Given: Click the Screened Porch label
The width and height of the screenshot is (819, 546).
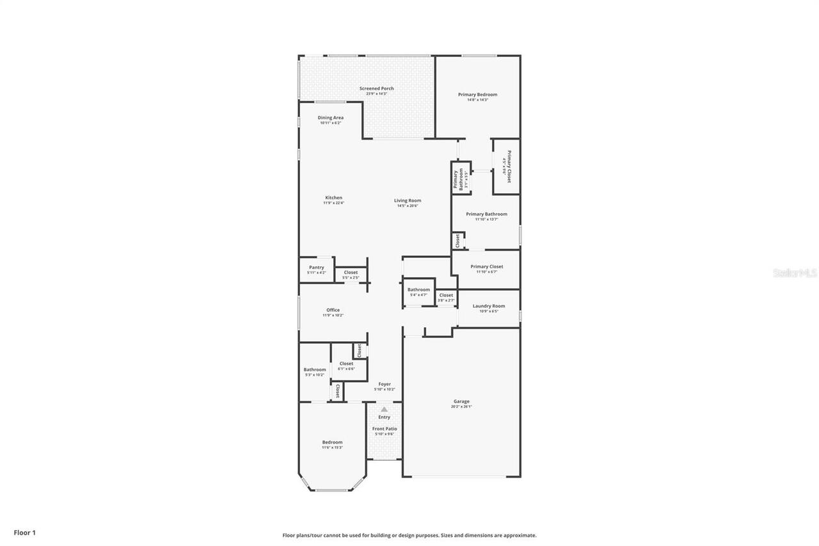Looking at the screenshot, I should [376, 88].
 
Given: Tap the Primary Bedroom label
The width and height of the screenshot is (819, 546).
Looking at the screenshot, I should [477, 95].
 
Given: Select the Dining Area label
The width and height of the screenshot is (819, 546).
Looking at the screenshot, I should [331, 118].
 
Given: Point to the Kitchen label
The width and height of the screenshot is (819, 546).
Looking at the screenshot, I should [333, 198].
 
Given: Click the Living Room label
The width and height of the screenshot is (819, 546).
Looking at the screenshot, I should [408, 201].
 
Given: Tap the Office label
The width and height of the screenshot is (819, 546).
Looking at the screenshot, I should [333, 310].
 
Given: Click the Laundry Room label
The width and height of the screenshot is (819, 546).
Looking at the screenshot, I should [489, 306].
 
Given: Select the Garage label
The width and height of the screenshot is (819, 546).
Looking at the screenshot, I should [461, 401].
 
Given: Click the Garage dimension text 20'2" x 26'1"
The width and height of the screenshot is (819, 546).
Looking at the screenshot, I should [461, 406].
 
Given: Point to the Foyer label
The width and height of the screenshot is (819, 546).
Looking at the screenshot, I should [384, 384].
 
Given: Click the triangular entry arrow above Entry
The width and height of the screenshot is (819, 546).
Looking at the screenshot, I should [384, 409].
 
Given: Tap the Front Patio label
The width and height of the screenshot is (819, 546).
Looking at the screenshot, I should [385, 429].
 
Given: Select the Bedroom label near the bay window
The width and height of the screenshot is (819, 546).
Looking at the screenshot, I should [332, 442].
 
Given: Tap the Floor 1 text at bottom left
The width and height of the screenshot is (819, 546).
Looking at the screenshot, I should [25, 532].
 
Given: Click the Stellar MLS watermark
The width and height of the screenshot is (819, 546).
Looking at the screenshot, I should [795, 273].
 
